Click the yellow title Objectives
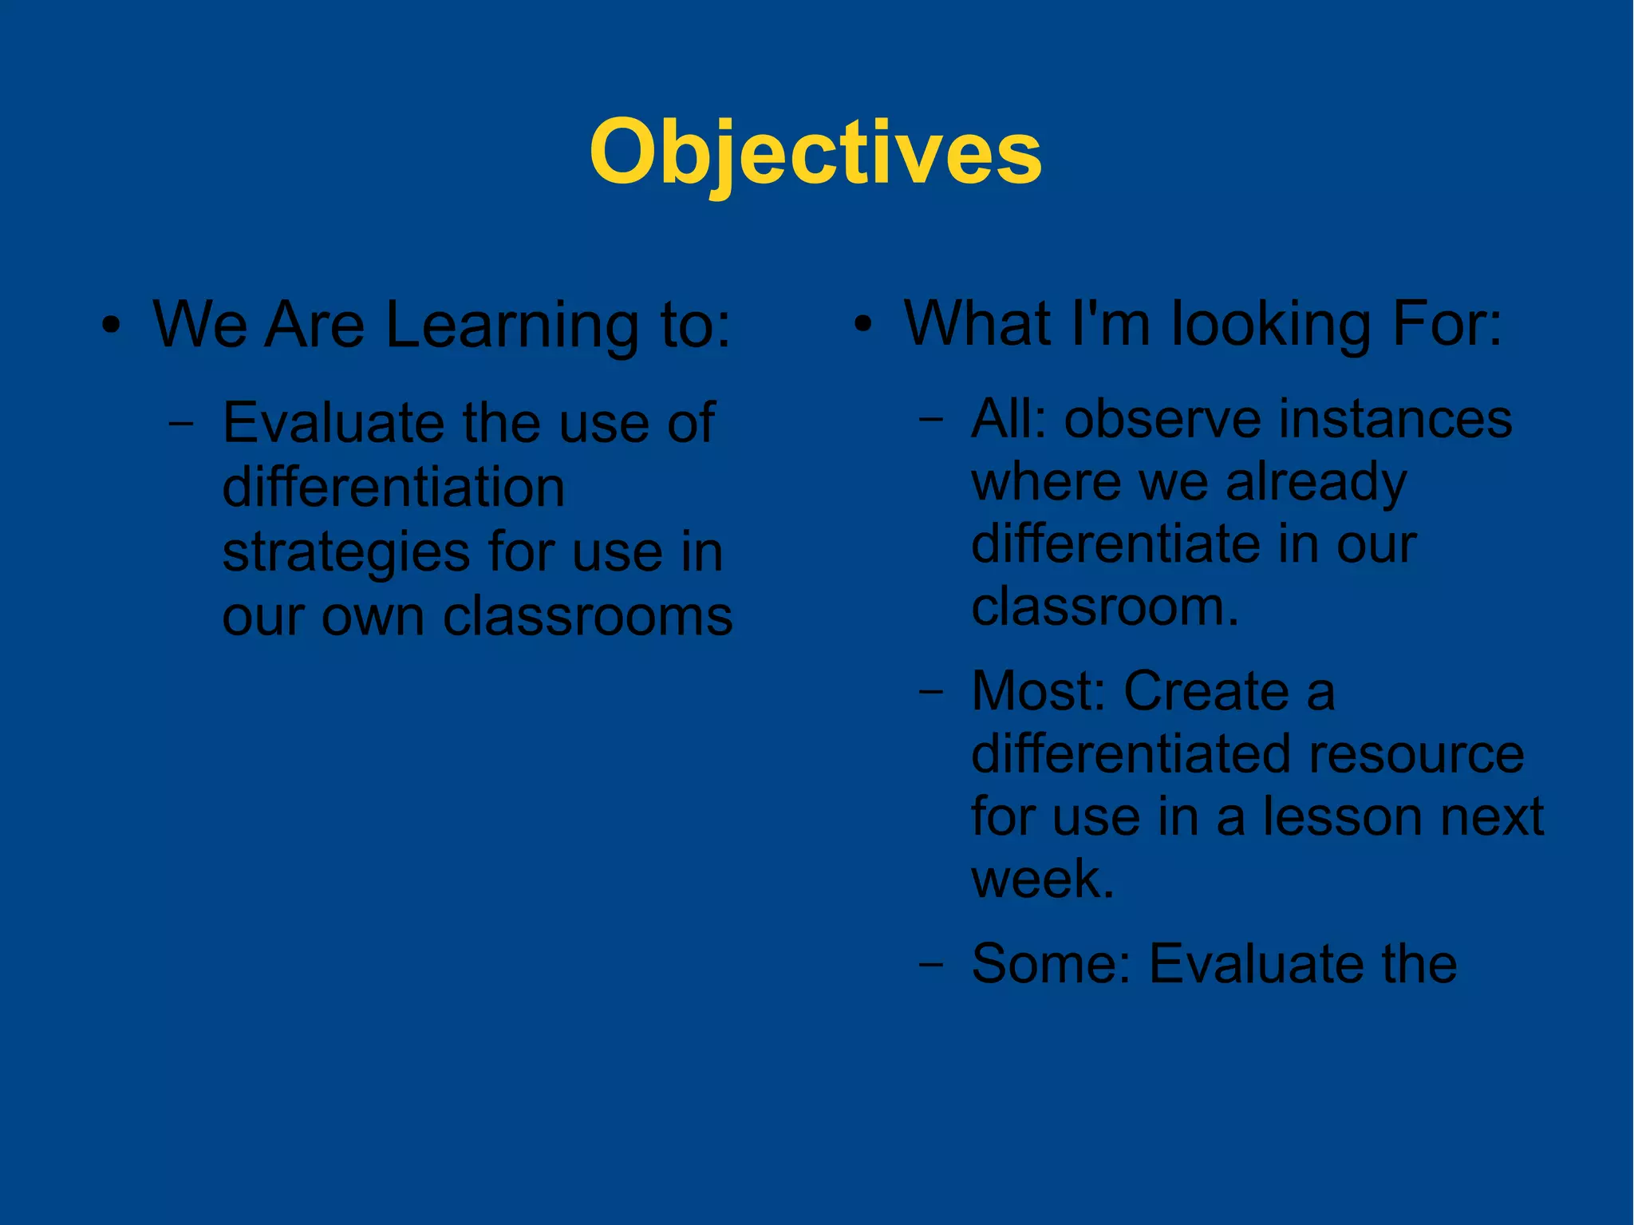[x=815, y=152]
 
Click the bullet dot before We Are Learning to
[x=112, y=326]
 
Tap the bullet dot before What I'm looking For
[x=862, y=325]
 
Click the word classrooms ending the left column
[x=587, y=617]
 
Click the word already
[x=1316, y=484]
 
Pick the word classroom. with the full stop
[x=1105, y=607]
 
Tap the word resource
[x=1415, y=754]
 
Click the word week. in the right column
[x=1042, y=879]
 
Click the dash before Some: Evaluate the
[x=929, y=965]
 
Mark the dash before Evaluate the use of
[x=181, y=424]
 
